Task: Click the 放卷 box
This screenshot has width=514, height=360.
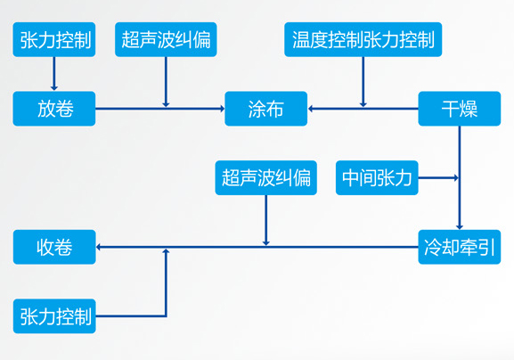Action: point(54,109)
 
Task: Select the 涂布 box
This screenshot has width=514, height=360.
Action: point(265,109)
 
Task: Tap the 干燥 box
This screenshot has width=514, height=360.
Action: point(460,109)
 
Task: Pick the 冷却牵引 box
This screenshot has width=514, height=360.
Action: point(460,247)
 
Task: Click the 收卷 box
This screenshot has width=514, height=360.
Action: point(54,247)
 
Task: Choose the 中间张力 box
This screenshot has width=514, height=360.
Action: point(377,177)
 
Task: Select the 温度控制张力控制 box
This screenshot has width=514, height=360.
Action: point(363,39)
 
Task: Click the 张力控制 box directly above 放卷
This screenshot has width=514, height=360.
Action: point(54,39)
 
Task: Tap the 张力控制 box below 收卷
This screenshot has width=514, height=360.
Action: point(54,316)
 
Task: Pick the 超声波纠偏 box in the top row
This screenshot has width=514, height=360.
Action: point(166,39)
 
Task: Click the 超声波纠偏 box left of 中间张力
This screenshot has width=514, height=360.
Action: point(265,177)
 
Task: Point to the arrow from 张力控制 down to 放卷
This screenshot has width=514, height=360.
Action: point(54,74)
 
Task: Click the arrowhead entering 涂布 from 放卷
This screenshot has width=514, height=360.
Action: point(222,109)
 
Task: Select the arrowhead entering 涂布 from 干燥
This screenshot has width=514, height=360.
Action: point(310,109)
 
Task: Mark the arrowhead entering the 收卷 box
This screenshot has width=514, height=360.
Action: point(98,247)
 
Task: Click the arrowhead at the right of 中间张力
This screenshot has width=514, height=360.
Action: point(456,177)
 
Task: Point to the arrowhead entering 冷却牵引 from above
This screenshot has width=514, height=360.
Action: point(460,227)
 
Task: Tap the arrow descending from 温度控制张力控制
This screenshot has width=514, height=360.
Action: point(363,82)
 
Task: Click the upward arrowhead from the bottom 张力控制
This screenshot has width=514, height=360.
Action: point(166,251)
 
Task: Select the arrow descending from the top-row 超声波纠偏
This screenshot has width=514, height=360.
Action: point(166,82)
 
